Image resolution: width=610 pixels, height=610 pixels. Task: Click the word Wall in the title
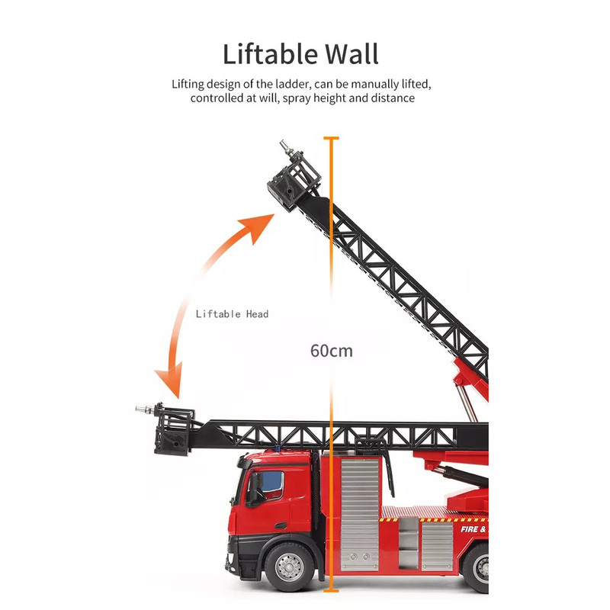[x=352, y=53]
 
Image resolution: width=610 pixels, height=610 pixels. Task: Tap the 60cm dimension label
[x=332, y=351]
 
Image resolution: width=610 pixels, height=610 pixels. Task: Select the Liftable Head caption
[x=232, y=314]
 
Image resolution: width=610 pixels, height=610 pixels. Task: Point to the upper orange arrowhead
[x=258, y=226]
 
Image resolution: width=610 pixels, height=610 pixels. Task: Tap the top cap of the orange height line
[x=331, y=138]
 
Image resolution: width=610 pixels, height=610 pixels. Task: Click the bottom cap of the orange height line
[x=331, y=590]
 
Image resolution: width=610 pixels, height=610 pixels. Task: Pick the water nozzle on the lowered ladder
[x=145, y=409]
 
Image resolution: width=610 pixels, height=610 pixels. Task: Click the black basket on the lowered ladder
[x=174, y=431]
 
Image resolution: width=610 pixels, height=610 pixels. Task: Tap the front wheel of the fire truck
[x=289, y=567]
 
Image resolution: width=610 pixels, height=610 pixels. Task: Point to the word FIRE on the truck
[x=469, y=529]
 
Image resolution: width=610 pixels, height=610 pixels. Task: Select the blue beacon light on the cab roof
[x=278, y=448]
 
